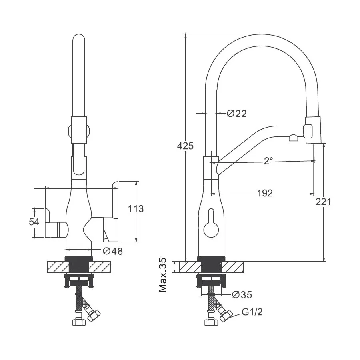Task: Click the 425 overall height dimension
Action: tap(185, 146)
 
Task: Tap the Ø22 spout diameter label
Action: tap(237, 114)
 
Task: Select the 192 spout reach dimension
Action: tap(265, 193)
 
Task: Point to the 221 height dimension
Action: tap(323, 202)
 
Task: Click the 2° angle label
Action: tap(268, 161)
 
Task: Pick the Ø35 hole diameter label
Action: tap(242, 294)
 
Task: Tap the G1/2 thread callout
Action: tap(252, 312)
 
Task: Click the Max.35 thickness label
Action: tap(163, 275)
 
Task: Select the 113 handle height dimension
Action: tap(136, 209)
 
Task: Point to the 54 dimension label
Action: tap(34, 222)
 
